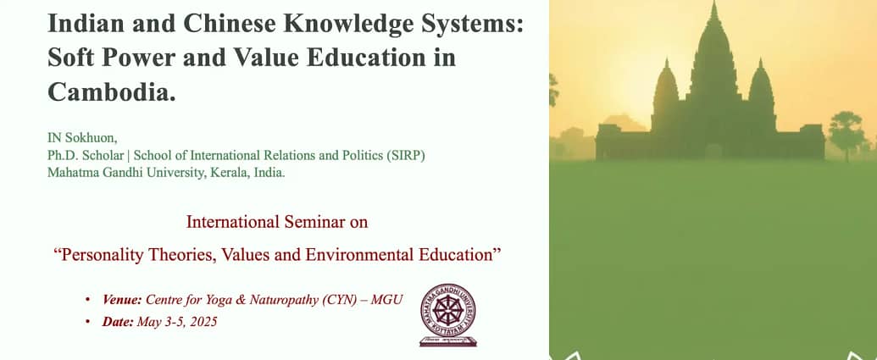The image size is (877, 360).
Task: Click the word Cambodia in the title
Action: pos(112,91)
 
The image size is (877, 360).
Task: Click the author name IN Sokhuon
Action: pos(82,138)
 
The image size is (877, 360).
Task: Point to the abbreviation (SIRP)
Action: pos(406,155)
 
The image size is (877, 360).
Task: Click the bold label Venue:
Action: pos(122,300)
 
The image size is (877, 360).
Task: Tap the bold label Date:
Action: pos(118,322)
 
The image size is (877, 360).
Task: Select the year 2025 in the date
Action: pos(203,322)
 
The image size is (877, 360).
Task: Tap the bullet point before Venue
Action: pos(87,300)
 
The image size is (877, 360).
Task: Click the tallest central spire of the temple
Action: pos(713,56)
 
